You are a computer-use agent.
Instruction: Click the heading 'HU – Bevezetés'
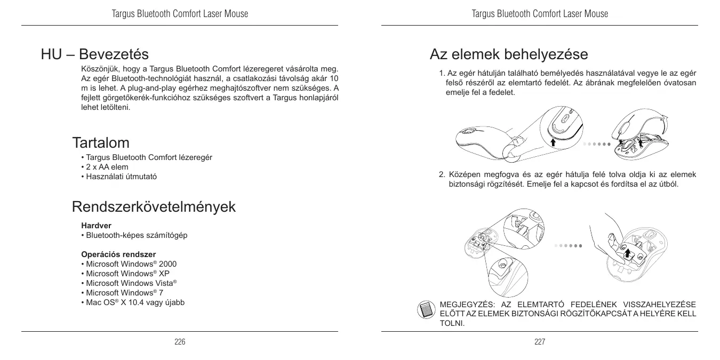(x=95, y=54)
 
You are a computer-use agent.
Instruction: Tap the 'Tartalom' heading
(x=101, y=143)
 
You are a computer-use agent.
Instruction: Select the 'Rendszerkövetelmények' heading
(x=154, y=207)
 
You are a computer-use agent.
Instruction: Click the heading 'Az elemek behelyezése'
(x=509, y=54)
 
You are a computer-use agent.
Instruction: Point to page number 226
(x=180, y=342)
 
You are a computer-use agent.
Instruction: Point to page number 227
(x=540, y=342)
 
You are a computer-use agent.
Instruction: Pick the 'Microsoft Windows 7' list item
(x=122, y=293)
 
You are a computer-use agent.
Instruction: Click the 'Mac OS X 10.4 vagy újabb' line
(x=132, y=302)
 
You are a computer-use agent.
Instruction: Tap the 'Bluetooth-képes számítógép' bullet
(x=133, y=235)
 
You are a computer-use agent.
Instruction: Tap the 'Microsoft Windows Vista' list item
(x=129, y=283)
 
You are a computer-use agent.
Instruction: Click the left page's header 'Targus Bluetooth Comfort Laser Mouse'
(x=180, y=14)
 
